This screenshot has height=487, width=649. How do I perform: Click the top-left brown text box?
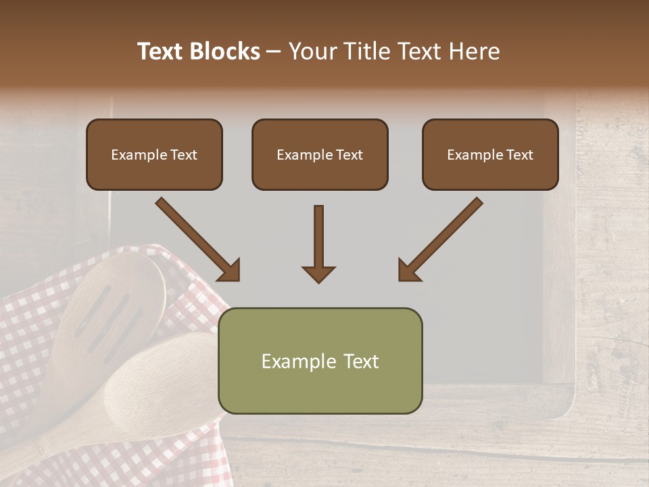click(154, 154)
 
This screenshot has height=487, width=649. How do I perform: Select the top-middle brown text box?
click(320, 154)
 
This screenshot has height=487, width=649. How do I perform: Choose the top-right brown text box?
click(490, 154)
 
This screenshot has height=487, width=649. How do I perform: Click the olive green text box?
click(320, 361)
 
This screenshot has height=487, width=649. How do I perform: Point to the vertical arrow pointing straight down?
click(318, 243)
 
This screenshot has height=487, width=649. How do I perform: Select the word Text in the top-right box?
click(519, 155)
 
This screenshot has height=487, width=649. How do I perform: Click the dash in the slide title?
click(274, 51)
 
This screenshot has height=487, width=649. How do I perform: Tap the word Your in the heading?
click(312, 51)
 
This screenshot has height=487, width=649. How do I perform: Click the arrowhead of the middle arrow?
click(318, 273)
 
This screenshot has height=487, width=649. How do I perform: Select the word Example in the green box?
click(298, 361)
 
